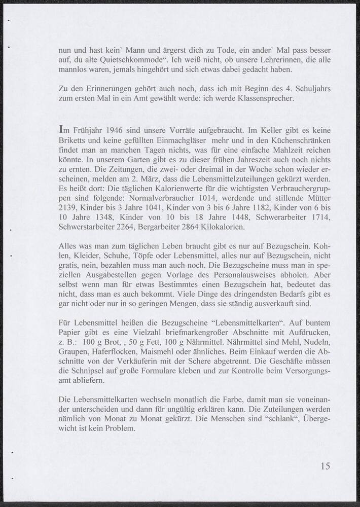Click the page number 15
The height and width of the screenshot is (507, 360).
(x=325, y=466)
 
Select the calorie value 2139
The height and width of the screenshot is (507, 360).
(x=69, y=208)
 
